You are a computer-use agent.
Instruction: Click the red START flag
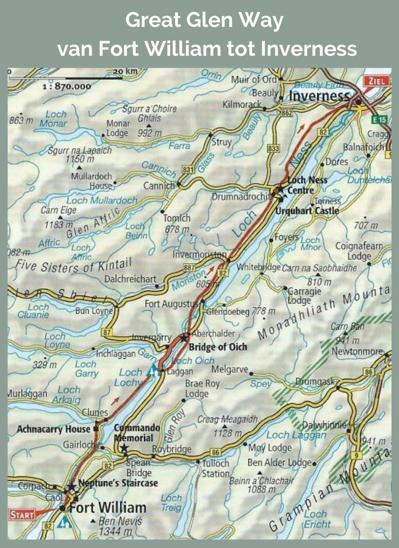21,514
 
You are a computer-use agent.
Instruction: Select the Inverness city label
320,96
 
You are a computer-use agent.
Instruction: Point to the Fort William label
108,508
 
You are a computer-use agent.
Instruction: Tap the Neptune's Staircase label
118,483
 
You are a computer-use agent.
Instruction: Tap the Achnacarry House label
53,428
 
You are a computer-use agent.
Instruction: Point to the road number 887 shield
190,268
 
